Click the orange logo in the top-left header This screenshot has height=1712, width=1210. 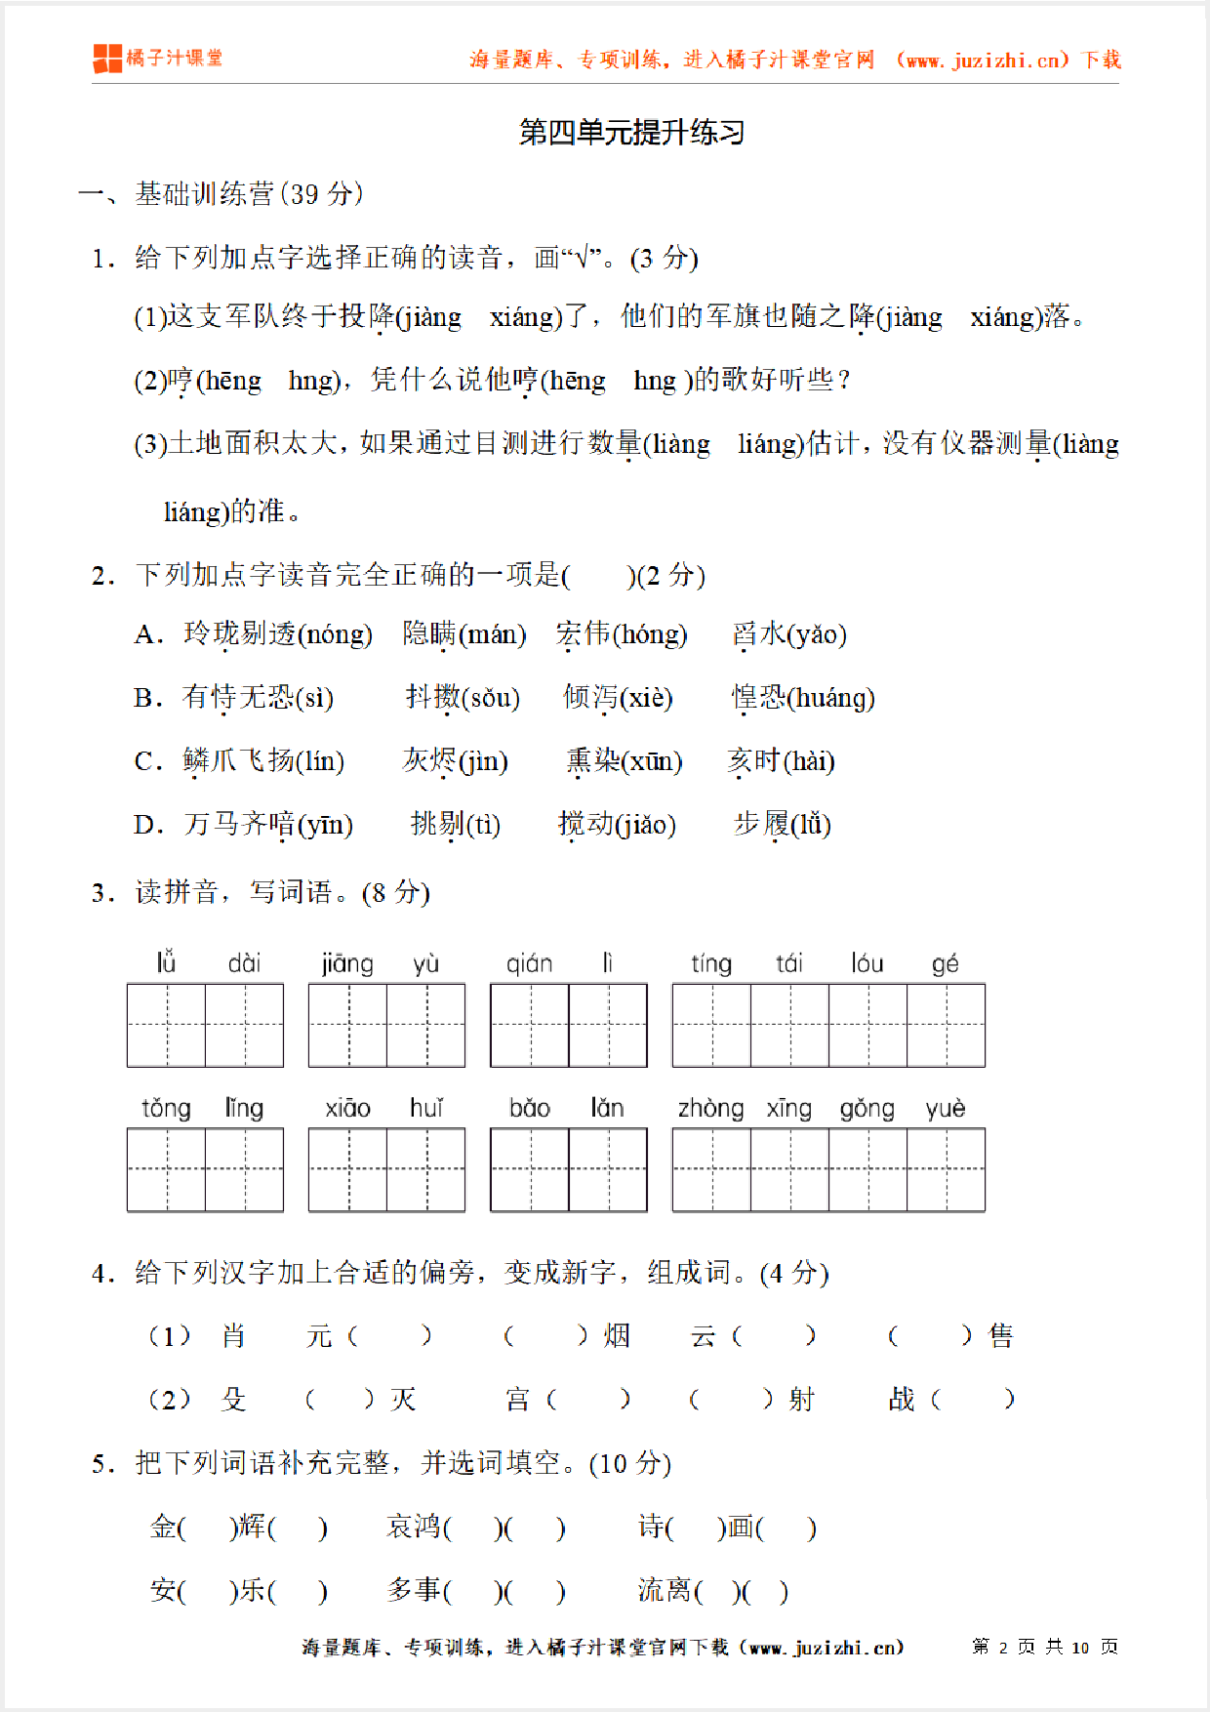click(x=107, y=59)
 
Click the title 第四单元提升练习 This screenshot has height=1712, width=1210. click(x=631, y=132)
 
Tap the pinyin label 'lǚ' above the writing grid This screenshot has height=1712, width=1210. click(x=166, y=963)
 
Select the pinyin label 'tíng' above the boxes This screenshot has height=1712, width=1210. click(x=710, y=963)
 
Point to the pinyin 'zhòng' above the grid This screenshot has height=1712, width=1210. click(x=710, y=1108)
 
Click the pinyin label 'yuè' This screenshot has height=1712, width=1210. click(x=945, y=1108)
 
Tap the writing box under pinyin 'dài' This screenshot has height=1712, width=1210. click(x=244, y=1025)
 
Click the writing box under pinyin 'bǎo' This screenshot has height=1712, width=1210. click(x=530, y=1169)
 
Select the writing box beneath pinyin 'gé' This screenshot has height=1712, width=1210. click(x=946, y=1025)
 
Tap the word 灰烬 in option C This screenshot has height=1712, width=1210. click(x=429, y=761)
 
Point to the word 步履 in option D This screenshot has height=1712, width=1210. click(x=761, y=825)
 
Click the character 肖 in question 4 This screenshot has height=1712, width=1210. click(x=233, y=1335)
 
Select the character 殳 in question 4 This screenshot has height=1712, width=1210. click(x=233, y=1400)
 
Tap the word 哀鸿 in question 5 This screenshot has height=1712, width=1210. click(x=414, y=1527)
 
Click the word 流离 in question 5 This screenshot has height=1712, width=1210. click(x=664, y=1590)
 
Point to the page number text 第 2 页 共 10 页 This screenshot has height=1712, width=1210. click(x=1045, y=1647)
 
